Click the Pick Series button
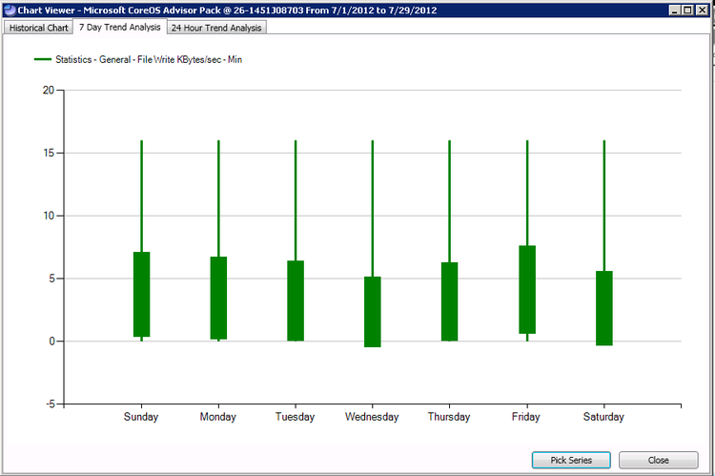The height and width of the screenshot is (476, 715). point(571,460)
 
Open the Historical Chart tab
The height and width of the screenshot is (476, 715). point(39,28)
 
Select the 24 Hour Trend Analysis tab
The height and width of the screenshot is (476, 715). point(217,28)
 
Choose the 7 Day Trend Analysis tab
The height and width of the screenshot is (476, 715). point(119,27)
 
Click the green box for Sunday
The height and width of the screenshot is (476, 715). point(141,295)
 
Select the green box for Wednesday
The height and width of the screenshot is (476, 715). point(373,312)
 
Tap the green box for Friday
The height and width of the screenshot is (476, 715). point(527,290)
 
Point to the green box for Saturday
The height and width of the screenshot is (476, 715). point(604,308)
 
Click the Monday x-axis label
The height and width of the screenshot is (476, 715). point(218,417)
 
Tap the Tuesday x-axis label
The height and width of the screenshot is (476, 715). point(296,417)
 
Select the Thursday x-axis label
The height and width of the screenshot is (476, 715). point(449,417)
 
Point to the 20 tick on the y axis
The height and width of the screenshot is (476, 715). point(48,91)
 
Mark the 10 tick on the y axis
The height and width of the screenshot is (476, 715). point(48,216)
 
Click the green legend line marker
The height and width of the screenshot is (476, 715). point(42,60)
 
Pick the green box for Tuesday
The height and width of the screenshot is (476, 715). point(296,300)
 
